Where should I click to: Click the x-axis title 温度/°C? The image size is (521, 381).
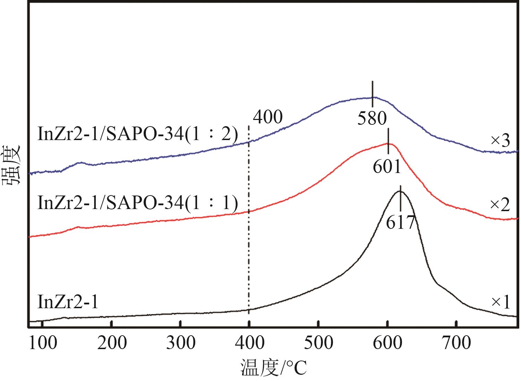[274, 368]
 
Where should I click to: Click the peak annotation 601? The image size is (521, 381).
[387, 166]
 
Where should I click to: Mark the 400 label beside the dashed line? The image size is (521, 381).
[268, 118]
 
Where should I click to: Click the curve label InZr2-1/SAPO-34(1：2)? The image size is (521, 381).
[137, 135]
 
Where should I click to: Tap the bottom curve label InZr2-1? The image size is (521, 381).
[68, 302]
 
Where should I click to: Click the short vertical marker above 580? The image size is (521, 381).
[372, 94]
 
